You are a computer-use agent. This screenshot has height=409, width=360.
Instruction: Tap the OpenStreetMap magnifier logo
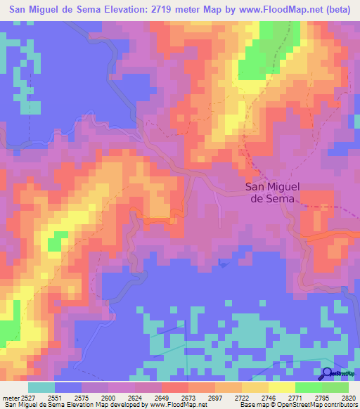pos(328,373)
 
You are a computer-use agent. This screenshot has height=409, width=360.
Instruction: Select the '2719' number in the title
pos(165,10)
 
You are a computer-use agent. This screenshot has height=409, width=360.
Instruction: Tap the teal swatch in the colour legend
pos(41,387)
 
